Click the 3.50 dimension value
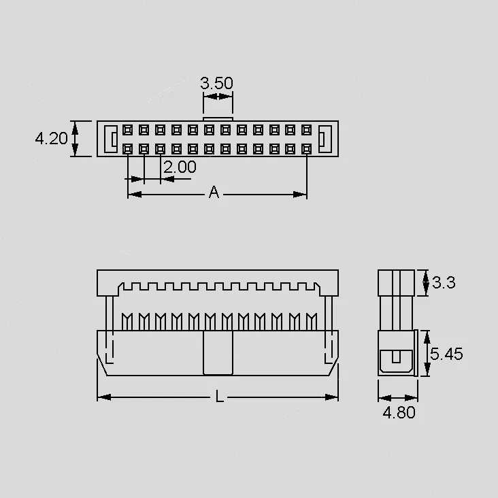(x=216, y=83)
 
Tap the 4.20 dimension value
(x=51, y=139)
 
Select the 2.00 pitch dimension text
(x=180, y=167)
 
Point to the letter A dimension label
(x=214, y=192)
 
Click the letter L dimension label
(x=219, y=397)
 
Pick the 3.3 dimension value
(x=444, y=282)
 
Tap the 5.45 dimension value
(x=446, y=354)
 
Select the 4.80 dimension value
(x=399, y=412)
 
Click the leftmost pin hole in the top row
(x=128, y=130)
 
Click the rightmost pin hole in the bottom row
(x=306, y=148)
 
